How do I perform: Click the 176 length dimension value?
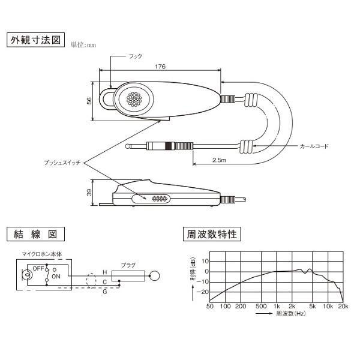tap(160, 67)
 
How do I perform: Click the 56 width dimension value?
tap(89, 101)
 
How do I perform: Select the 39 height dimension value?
tap(89, 193)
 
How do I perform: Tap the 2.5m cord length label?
tap(219, 160)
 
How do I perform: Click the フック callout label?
tap(136, 56)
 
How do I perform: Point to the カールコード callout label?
tap(314, 146)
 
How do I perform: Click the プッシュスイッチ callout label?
tap(62, 163)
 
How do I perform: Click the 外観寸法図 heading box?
tap(36, 40)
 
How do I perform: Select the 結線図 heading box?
tap(36, 234)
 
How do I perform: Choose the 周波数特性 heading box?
tap(212, 234)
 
